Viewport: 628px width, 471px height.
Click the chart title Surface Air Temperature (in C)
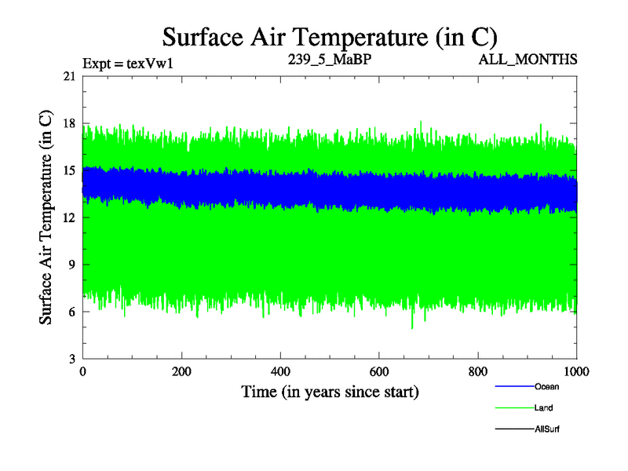click(x=330, y=36)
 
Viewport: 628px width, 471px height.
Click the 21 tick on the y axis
click(x=70, y=76)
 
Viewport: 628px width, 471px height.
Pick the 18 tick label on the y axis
click(x=70, y=123)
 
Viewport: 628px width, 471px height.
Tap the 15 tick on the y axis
click(x=70, y=170)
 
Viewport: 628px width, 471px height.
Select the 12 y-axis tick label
click(x=70, y=217)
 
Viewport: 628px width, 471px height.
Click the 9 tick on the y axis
click(x=73, y=265)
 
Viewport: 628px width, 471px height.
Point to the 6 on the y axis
click(x=73, y=312)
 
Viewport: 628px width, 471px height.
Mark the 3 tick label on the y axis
click(x=73, y=359)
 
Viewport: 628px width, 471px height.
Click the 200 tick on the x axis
click(x=181, y=371)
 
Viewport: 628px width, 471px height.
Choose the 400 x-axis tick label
click(x=280, y=371)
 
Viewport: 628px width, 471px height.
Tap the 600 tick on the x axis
click(x=379, y=371)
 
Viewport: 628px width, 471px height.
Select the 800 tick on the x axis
click(x=478, y=371)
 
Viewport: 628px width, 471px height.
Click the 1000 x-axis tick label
click(x=576, y=371)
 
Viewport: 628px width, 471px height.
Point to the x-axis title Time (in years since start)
click(x=330, y=391)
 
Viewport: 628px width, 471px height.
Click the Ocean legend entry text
click(x=546, y=387)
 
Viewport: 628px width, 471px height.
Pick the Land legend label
click(x=544, y=408)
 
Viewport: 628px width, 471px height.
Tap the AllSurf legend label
click(x=547, y=429)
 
